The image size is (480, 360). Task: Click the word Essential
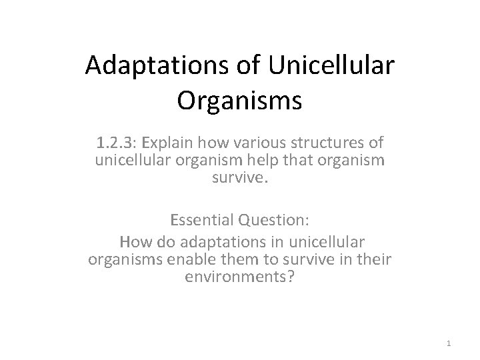[200, 219]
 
